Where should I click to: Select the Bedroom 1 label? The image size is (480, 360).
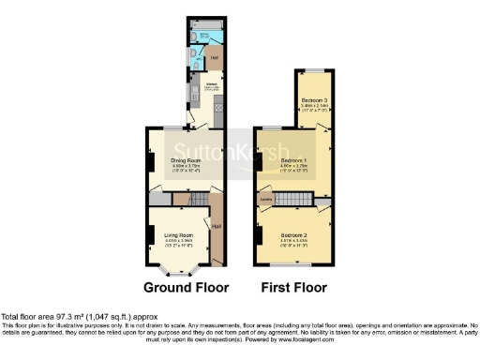(x=294, y=160)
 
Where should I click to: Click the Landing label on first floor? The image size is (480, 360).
(x=265, y=199)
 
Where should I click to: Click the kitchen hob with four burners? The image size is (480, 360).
(x=218, y=109)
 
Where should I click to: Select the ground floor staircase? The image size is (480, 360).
(x=197, y=200)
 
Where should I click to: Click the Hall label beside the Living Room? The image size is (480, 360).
(x=217, y=228)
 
